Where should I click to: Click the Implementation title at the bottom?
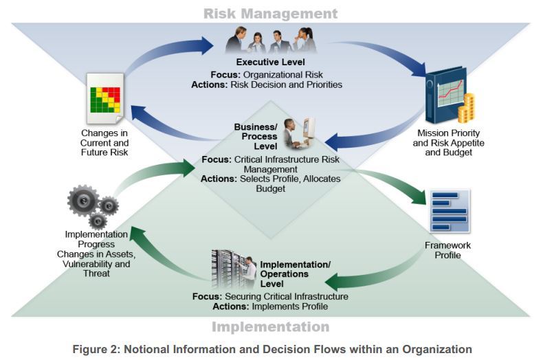(x=270, y=326)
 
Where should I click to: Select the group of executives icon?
(x=270, y=40)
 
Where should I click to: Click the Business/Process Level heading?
(x=255, y=137)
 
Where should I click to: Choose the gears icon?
(x=91, y=204)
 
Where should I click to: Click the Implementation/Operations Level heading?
(x=295, y=273)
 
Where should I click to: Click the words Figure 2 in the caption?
(x=96, y=350)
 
